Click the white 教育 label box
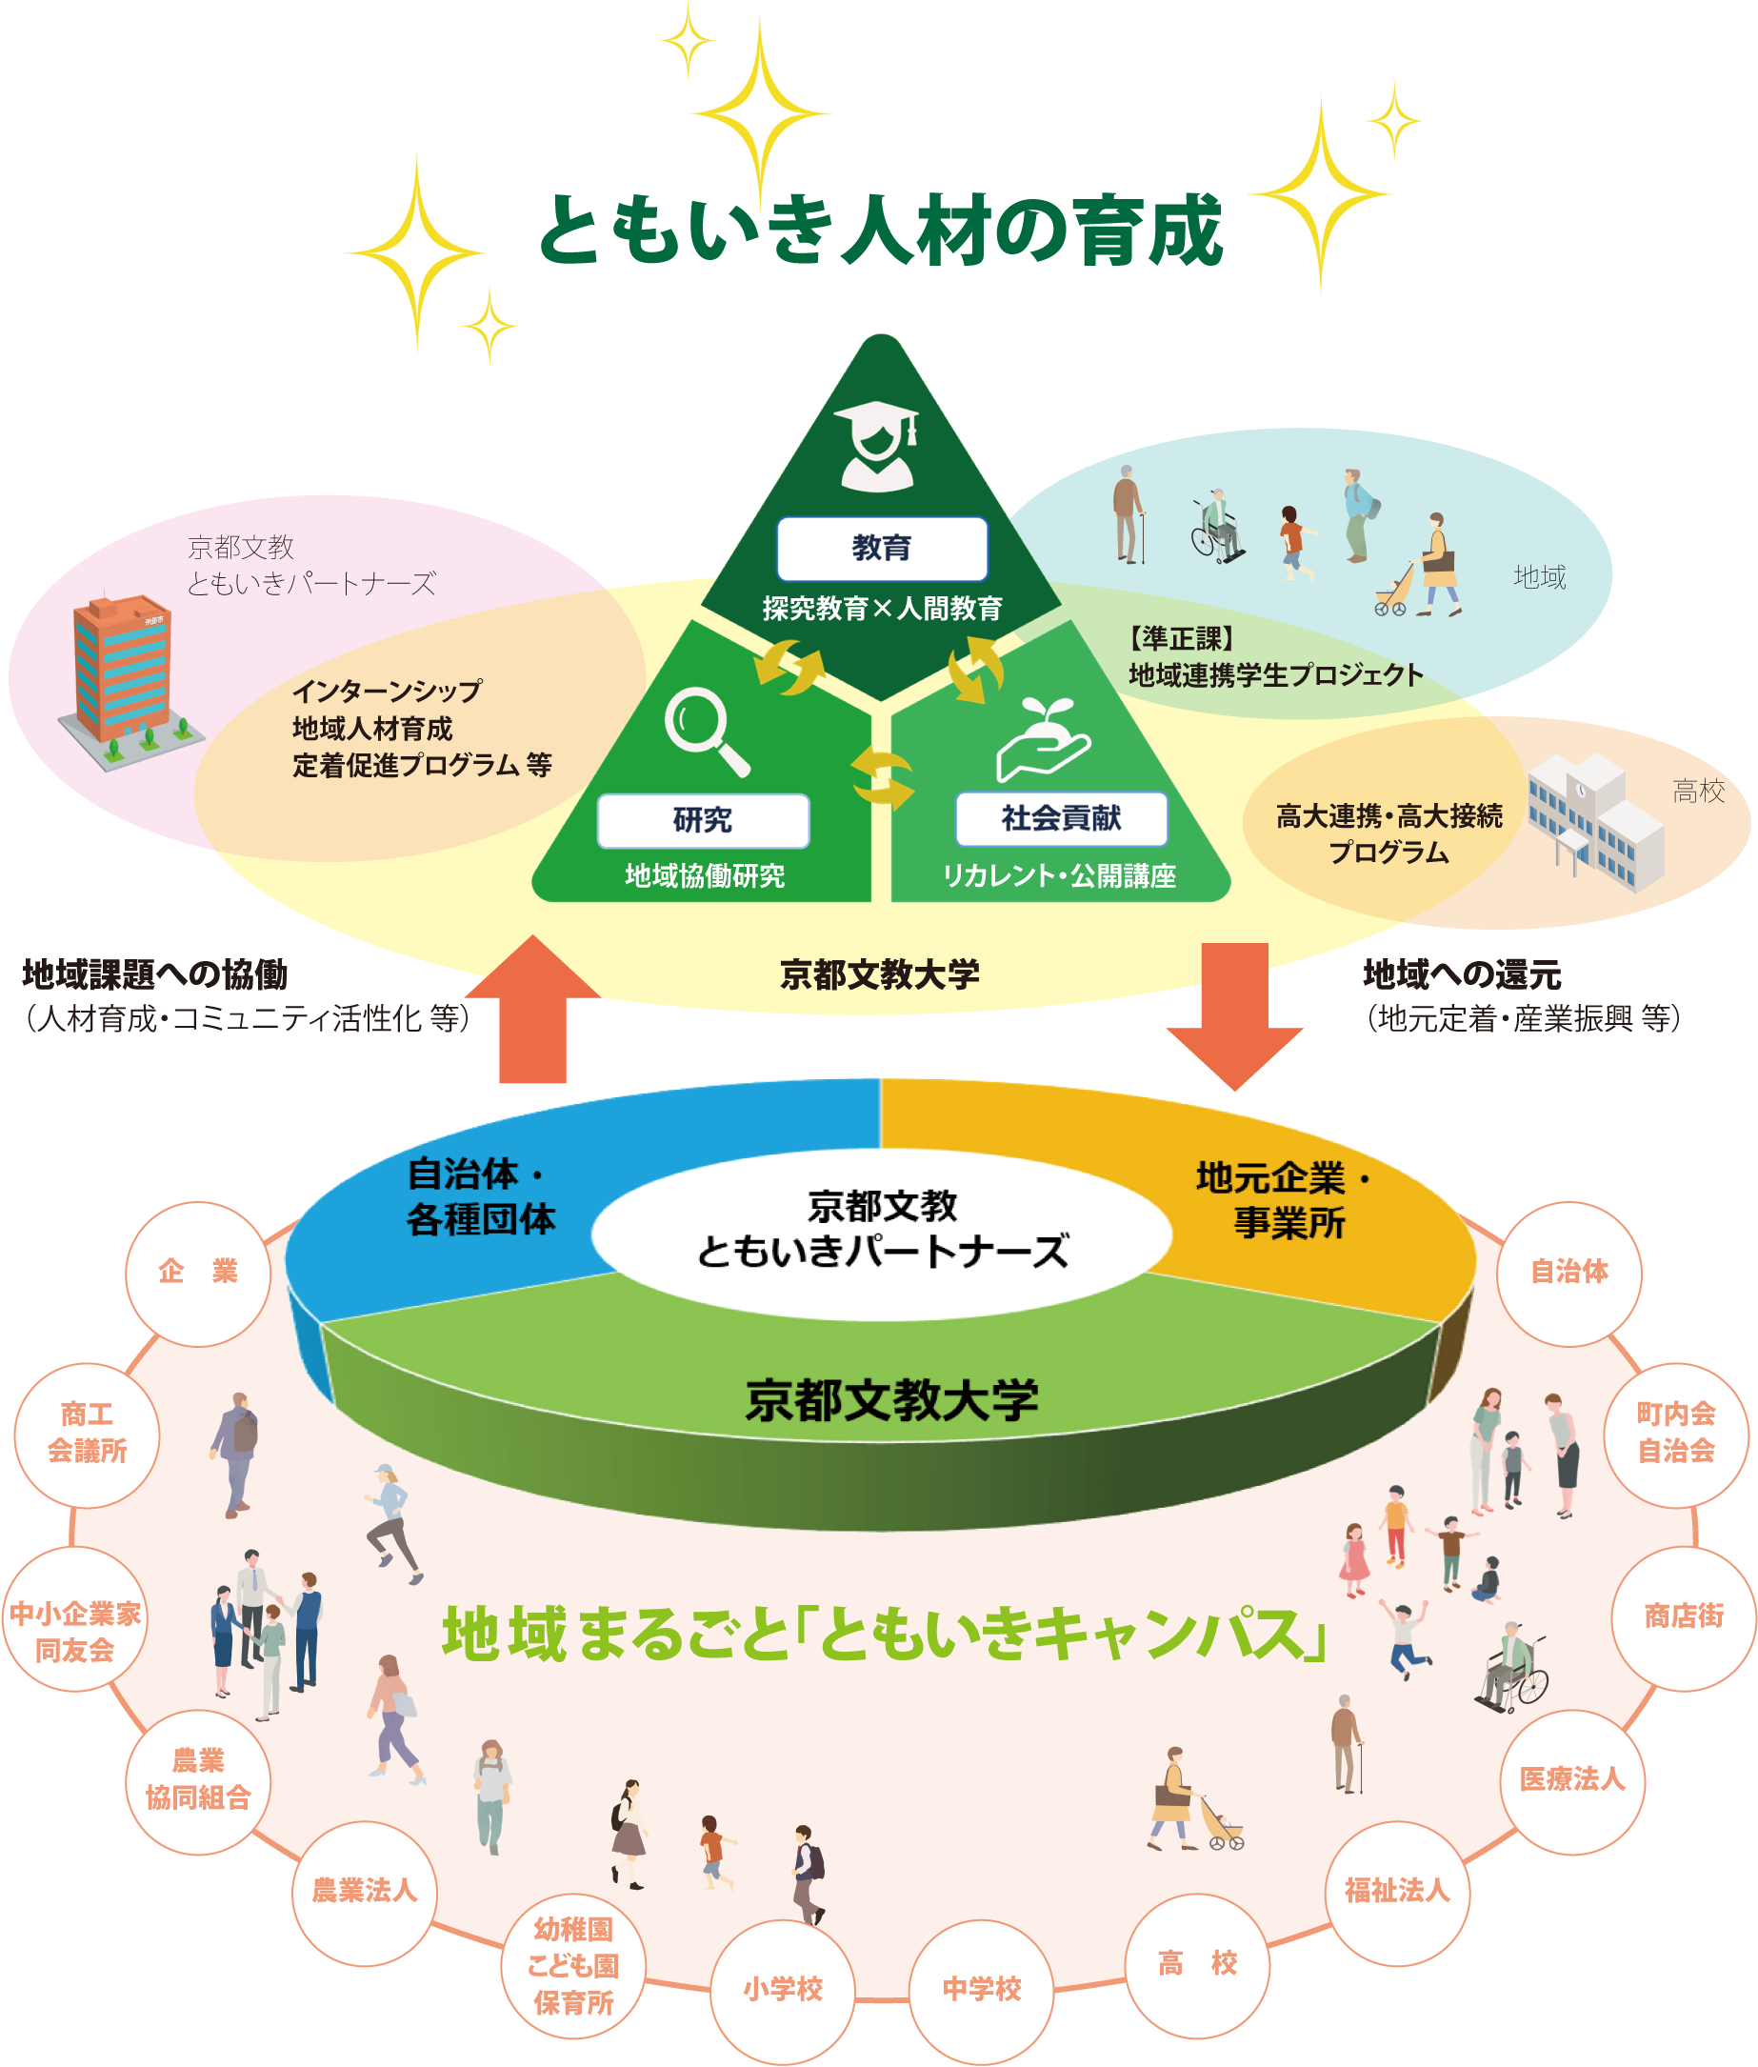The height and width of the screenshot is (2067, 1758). click(881, 548)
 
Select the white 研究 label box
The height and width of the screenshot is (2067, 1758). click(703, 820)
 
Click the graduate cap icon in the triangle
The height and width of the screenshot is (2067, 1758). click(877, 445)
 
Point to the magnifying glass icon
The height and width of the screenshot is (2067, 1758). click(706, 731)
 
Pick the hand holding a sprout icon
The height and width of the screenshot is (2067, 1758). click(1043, 738)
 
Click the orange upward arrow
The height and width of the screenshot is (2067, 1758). click(533, 1011)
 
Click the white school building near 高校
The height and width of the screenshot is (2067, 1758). click(1595, 820)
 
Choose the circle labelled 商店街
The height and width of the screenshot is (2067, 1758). click(1684, 1616)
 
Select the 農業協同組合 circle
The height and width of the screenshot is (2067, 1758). click(197, 1780)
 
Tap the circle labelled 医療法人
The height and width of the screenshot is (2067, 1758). click(1571, 1780)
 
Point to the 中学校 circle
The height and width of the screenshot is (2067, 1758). click(982, 1990)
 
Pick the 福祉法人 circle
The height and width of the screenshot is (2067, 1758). click(1396, 1891)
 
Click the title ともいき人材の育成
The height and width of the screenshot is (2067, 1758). click(881, 230)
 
